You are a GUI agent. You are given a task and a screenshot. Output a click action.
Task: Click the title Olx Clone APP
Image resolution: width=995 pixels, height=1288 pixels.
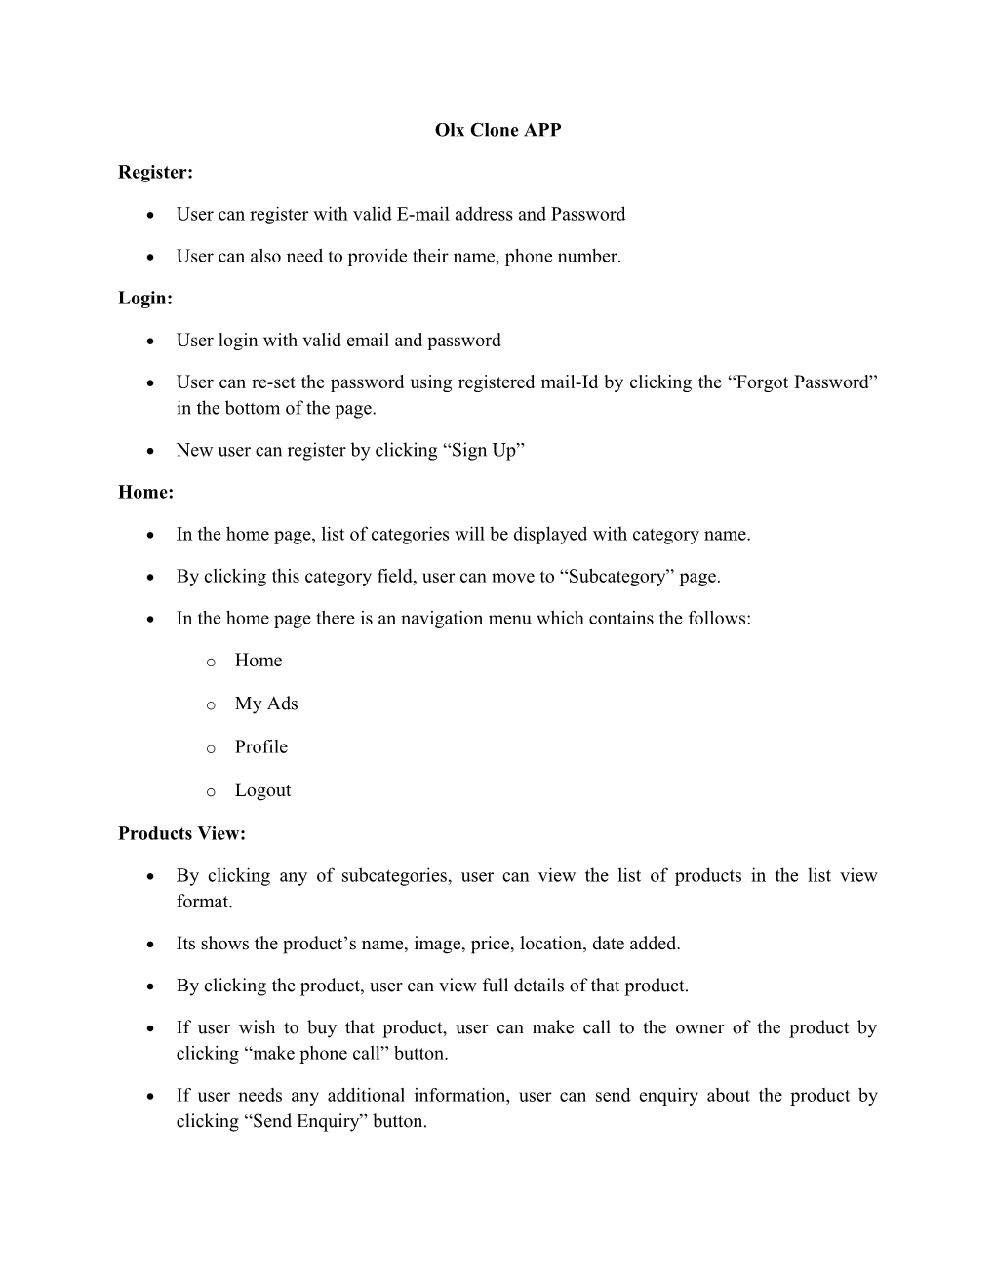tap(497, 130)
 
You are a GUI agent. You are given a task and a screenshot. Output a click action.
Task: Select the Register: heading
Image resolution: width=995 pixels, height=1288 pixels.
tap(156, 172)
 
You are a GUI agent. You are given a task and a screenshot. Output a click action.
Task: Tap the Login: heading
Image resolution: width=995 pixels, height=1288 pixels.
tap(145, 298)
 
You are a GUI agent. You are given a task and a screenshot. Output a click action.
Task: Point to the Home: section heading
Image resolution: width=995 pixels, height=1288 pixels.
tap(146, 492)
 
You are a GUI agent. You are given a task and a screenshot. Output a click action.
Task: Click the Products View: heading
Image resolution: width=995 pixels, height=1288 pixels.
tap(182, 833)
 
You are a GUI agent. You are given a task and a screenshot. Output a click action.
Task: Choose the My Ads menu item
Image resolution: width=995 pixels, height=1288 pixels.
tap(266, 704)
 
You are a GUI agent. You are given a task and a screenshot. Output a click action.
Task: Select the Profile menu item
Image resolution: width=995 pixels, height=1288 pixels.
tap(261, 746)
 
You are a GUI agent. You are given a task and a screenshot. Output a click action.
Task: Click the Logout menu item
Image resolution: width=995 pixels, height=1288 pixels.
tap(262, 790)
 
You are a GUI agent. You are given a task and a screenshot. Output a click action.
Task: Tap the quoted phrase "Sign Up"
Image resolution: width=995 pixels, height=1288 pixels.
tap(487, 450)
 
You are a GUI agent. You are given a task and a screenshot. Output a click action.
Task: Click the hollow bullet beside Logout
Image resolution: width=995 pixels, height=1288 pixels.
tap(211, 792)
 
